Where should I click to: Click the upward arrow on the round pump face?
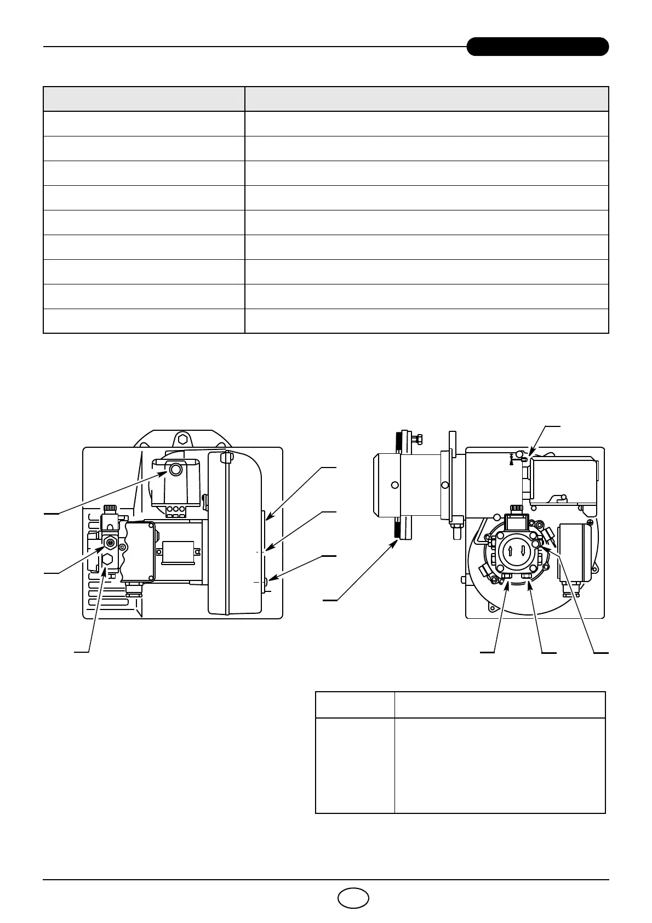click(x=510, y=551)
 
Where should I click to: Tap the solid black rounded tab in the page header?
click(x=537, y=47)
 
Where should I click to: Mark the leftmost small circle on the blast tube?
click(x=394, y=485)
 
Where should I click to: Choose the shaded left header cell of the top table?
click(x=144, y=99)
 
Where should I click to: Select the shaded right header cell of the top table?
click(x=426, y=99)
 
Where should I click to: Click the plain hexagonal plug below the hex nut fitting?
click(x=108, y=560)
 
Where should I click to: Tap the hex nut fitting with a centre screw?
click(x=110, y=543)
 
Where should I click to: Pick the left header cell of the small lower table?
click(x=355, y=704)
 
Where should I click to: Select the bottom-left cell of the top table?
click(x=144, y=321)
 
